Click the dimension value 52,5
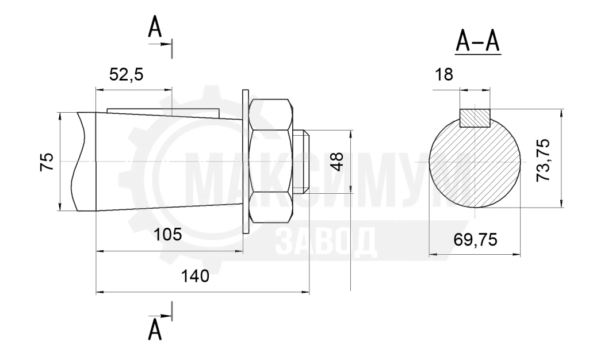pyautogui.click(x=126, y=75)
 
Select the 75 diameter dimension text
pyautogui.click(x=47, y=162)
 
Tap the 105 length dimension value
pyautogui.click(x=167, y=235)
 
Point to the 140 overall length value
pyautogui.click(x=195, y=276)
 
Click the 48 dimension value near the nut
pyautogui.click(x=338, y=162)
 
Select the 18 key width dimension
pyautogui.click(x=444, y=75)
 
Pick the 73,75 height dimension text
pyautogui.click(x=543, y=160)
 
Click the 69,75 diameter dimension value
pyautogui.click(x=475, y=239)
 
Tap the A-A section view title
pyautogui.click(x=478, y=41)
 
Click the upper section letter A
pyautogui.click(x=155, y=27)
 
